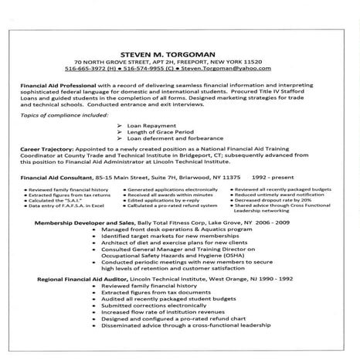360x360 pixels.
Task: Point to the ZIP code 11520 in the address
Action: [272, 60]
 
